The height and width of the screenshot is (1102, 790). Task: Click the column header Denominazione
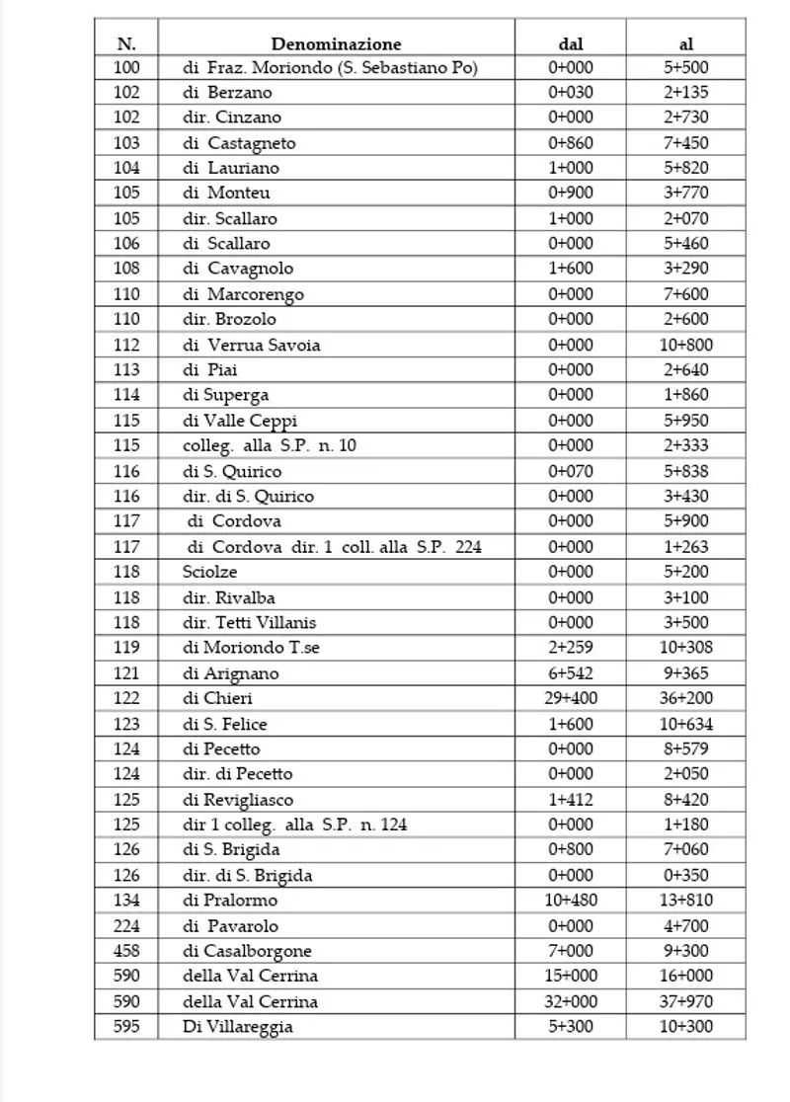[336, 43]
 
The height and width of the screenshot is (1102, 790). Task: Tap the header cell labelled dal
[571, 43]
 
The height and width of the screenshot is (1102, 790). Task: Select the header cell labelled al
[686, 43]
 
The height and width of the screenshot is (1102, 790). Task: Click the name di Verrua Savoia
[251, 345]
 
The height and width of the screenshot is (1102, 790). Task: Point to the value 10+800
[687, 345]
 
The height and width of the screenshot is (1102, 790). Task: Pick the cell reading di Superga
[225, 395]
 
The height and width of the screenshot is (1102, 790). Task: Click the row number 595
[126, 1026]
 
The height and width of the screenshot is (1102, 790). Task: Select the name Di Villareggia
[237, 1026]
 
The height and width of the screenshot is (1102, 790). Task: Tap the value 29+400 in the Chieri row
[571, 698]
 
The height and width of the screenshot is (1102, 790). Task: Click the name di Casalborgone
[247, 951]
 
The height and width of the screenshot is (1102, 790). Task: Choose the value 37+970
[687, 1001]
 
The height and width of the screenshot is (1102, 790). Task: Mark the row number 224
[126, 926]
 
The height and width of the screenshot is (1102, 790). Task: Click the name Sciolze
[209, 572]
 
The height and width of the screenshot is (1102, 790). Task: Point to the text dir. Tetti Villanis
[249, 622]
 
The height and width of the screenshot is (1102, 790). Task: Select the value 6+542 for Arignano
[571, 673]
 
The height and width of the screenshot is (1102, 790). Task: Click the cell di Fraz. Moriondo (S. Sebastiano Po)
[330, 68]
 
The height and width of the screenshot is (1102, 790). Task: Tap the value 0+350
[687, 875]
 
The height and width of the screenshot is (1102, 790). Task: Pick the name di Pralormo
[230, 900]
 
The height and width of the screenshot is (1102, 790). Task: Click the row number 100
[126, 68]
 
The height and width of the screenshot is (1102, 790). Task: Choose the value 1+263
[687, 546]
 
